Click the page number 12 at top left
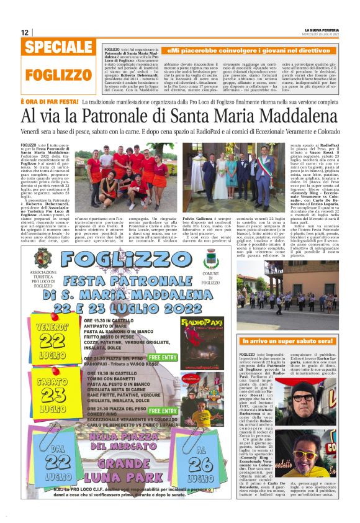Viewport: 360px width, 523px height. tap(25, 32)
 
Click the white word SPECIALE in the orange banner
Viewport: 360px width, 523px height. tap(60, 48)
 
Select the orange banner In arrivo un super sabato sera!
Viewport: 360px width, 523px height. tap(289, 342)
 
